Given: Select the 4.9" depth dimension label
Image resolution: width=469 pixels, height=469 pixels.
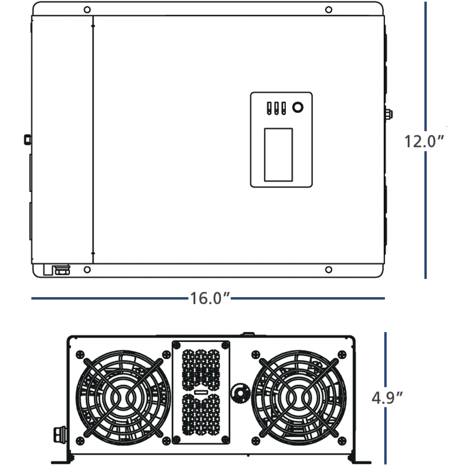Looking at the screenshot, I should (x=387, y=397).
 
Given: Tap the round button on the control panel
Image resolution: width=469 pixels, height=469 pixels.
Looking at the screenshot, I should (x=297, y=107).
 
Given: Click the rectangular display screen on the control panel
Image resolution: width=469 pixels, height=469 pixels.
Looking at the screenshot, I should (x=278, y=155).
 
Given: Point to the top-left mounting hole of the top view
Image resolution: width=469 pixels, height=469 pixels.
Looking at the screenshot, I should (x=88, y=9).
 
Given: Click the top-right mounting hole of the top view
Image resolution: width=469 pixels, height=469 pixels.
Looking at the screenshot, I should (x=328, y=9).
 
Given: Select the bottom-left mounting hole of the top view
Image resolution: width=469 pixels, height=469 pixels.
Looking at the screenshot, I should (x=88, y=269).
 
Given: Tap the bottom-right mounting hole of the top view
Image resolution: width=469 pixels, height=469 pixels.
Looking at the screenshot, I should (x=328, y=269).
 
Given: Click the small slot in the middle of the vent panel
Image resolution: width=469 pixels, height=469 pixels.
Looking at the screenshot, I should (x=201, y=392).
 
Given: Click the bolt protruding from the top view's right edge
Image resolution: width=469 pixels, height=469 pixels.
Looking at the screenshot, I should (x=388, y=114).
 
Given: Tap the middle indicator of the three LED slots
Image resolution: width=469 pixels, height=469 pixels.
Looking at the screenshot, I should (x=276, y=109).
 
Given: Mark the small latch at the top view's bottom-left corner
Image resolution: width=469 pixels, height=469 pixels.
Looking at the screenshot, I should (x=57, y=270).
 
